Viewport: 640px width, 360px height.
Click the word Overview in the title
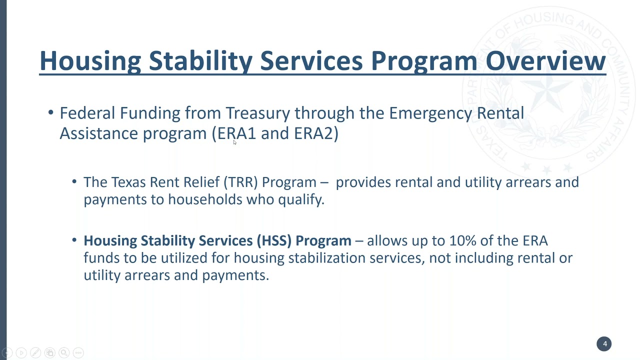[x=545, y=60]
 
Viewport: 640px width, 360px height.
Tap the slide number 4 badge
[x=604, y=344]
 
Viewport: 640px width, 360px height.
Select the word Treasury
[x=257, y=113]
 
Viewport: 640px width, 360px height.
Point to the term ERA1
[x=236, y=133]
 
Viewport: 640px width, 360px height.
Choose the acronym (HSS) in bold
[x=274, y=240]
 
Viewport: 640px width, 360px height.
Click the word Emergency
[x=430, y=113]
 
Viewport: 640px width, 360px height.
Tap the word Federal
[x=87, y=113]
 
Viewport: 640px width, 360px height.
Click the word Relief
[x=201, y=182]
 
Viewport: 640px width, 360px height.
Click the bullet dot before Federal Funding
[x=50, y=113]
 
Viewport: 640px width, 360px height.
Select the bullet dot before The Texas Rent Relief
[x=74, y=182]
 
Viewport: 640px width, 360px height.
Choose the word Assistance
[x=99, y=133]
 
